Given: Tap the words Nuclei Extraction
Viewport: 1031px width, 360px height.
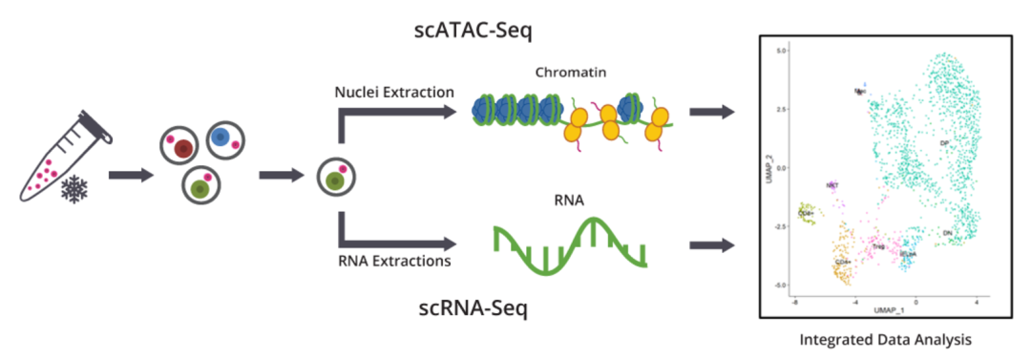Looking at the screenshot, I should [x=393, y=93].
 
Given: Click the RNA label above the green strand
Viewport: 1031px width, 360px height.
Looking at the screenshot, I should [x=570, y=200].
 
